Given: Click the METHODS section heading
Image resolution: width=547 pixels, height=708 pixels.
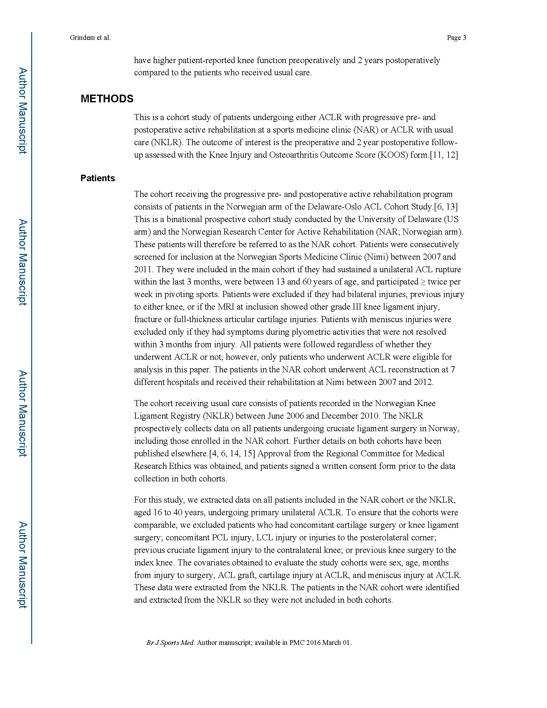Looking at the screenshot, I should (107, 98).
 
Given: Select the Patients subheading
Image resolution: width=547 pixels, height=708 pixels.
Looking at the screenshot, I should (97, 178).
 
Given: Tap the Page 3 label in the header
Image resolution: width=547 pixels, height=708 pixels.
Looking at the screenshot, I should (456, 38).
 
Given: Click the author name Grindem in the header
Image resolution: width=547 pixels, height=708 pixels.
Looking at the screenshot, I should (82, 38).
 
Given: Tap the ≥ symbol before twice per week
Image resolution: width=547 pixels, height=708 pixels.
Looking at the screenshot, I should (423, 282).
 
